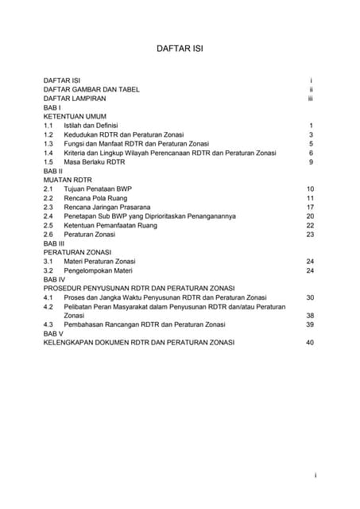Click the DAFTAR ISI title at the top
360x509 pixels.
pyautogui.click(x=180, y=48)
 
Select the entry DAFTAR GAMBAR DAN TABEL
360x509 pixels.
pyautogui.click(x=91, y=90)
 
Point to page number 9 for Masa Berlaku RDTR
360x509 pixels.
pyautogui.click(x=312, y=162)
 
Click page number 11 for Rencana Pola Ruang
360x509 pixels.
pyautogui.click(x=311, y=198)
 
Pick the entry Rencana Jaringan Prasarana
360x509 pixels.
pyautogui.click(x=109, y=207)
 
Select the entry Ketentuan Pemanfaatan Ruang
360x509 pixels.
pyautogui.click(x=110, y=225)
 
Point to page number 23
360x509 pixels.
pyautogui.click(x=311, y=235)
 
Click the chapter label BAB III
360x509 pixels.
pyautogui.click(x=53, y=243)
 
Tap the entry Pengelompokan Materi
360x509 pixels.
pyautogui.click(x=99, y=270)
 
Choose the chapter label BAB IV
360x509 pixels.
pyautogui.click(x=54, y=280)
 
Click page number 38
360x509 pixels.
pyautogui.click(x=311, y=315)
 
